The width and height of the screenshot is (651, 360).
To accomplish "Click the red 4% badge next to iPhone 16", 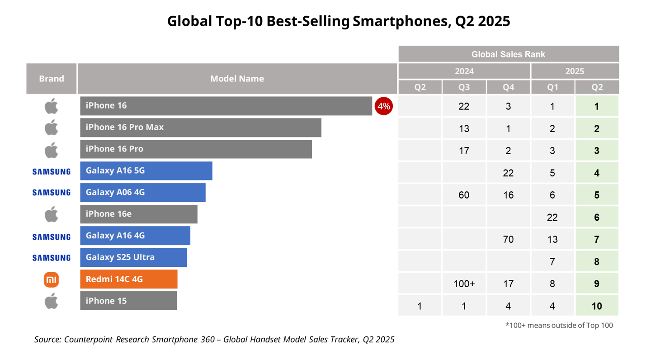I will coord(383,106).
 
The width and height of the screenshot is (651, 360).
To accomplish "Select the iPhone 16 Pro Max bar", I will coord(201,128).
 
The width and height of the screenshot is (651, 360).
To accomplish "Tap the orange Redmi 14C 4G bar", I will coord(129,279).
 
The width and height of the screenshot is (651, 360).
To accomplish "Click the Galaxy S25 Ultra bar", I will coord(133,257).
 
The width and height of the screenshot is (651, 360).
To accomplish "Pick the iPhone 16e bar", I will coord(139,214).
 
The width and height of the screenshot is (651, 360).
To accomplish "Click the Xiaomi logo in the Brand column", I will coord(52,280).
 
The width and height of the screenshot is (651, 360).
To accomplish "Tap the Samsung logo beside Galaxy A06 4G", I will coord(52,193).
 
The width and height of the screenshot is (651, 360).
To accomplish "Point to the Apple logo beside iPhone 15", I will coord(52,301).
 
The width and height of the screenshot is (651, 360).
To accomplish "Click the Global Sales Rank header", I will coord(508,54).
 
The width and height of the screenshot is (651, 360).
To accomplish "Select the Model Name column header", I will coord(237,79).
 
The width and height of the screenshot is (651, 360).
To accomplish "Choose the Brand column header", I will coord(52,79).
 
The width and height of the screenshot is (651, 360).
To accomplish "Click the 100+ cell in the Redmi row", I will coord(464,284).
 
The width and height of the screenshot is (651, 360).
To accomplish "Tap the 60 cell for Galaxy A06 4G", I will coord(464,195).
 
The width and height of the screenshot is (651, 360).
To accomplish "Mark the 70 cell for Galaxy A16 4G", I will coord(508,240).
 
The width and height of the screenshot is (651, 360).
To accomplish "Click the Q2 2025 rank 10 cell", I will coord(596,306).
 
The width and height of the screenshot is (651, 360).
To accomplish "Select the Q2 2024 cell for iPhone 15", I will coord(420,306).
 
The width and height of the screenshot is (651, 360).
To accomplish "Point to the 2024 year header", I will coord(464,71).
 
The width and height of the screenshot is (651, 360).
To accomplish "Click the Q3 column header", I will coord(464,87).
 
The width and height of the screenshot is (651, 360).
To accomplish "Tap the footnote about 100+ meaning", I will coord(559,325).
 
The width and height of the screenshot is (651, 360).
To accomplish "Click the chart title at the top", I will coord(339,21).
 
